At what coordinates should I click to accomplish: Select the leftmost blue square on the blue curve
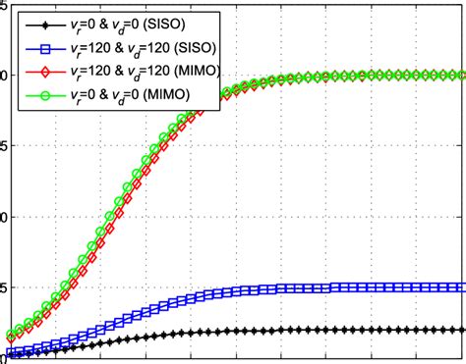[x=11, y=351]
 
